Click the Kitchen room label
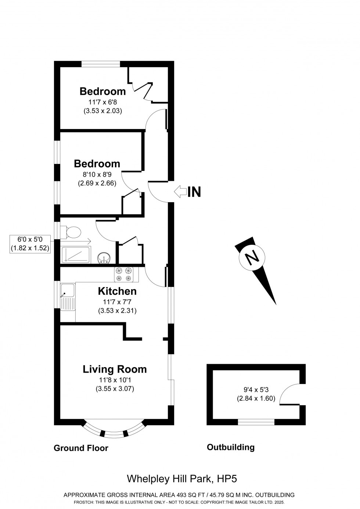pyautogui.click(x=117, y=291)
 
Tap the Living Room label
pyautogui.click(x=115, y=369)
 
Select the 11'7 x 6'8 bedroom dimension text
pyautogui.click(x=102, y=103)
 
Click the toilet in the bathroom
pyautogui.click(x=72, y=232)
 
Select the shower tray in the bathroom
pyautogui.click(x=76, y=255)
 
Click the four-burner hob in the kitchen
pyautogui.click(x=124, y=275)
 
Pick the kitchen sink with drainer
pyautogui.click(x=68, y=297)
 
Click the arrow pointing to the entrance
pyautogui.click(x=180, y=191)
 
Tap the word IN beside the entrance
pyautogui.click(x=194, y=192)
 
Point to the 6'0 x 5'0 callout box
pyautogui.click(x=29, y=244)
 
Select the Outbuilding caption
pyautogui.click(x=230, y=447)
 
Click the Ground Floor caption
pyautogui.click(x=81, y=448)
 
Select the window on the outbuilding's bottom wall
pyautogui.click(x=256, y=422)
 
